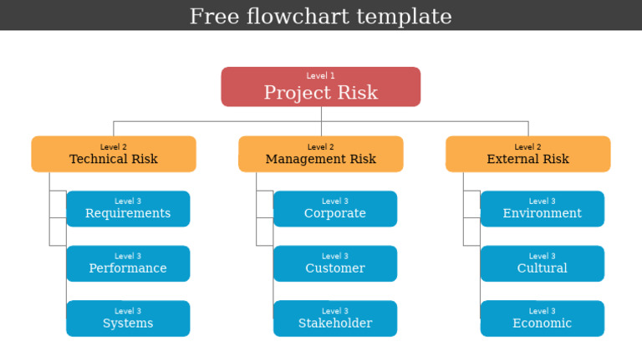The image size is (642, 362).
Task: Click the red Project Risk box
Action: pos(320,87)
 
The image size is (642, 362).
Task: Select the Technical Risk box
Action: pos(114,155)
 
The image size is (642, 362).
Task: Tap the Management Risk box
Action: pos(320,155)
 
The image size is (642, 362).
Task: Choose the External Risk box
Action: pos(527,155)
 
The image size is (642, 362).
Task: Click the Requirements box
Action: pos(128,209)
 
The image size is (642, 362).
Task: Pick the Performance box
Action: pos(128,264)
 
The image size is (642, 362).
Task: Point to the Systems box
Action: pos(128,319)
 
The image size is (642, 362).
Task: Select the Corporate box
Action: pos(335,209)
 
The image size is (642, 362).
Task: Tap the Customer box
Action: pos(335,264)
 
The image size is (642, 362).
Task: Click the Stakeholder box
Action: pos(335,319)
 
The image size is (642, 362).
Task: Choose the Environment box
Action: pos(542,209)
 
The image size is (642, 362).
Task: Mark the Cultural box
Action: pos(542,264)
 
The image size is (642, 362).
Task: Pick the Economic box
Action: pos(542,319)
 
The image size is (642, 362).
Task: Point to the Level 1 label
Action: pos(320,76)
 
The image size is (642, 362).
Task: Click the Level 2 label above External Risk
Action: pos(527,147)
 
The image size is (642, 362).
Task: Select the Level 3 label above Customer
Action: pos(335,257)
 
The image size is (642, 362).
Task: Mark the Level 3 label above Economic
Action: pos(542,311)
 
